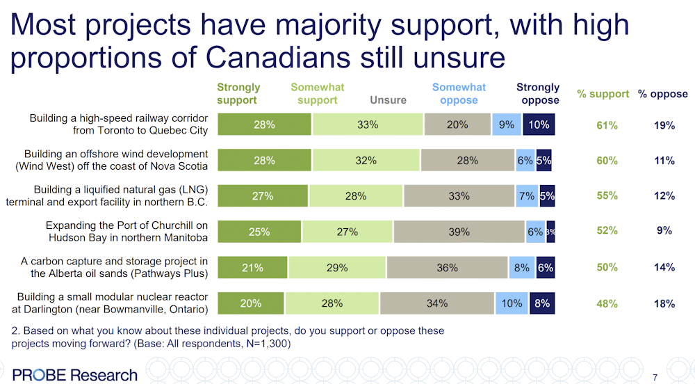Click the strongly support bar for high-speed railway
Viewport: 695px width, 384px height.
tap(264, 125)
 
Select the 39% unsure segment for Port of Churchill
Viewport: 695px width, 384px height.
tap(459, 232)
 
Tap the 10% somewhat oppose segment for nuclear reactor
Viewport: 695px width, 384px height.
tap(512, 303)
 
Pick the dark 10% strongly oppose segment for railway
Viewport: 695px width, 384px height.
tap(539, 125)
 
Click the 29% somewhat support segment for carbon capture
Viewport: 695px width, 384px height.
tap(337, 268)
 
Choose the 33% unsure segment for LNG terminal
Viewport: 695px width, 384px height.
tap(459, 197)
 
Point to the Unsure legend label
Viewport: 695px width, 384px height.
tap(388, 100)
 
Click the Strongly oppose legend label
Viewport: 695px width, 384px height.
tap(537, 94)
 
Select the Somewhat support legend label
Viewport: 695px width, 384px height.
tap(318, 94)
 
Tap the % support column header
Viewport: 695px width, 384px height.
tap(603, 94)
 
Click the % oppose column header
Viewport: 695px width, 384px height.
tap(663, 94)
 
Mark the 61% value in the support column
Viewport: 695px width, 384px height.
tap(607, 125)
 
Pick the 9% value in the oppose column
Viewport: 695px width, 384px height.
tap(664, 231)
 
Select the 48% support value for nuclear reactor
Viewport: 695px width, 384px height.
tap(607, 303)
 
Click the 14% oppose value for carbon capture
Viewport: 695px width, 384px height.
tap(664, 268)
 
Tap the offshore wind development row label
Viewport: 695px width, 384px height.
tap(115, 160)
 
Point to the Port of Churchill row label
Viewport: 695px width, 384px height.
tap(126, 231)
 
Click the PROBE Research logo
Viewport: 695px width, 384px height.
tap(75, 374)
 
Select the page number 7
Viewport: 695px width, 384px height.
tap(655, 377)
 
